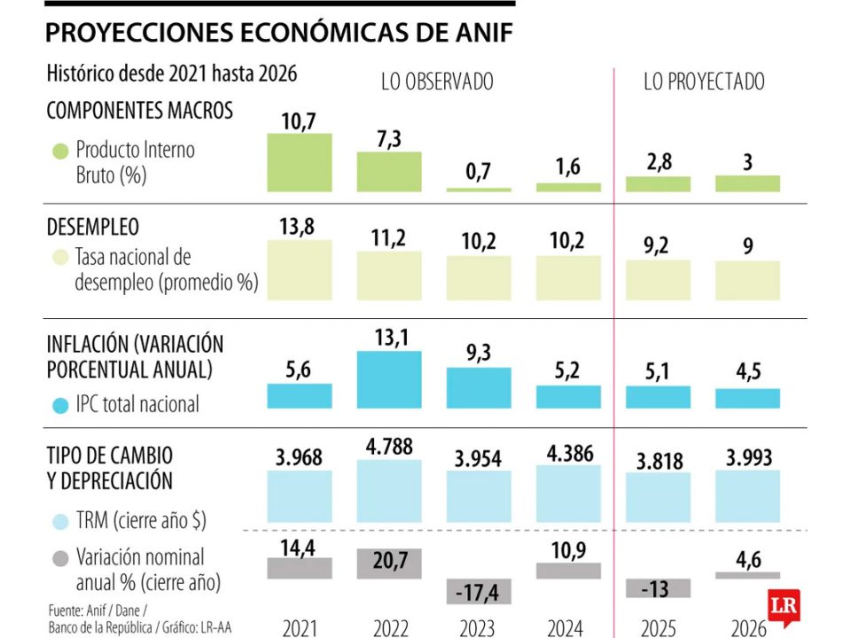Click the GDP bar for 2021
pyautogui.click(x=300, y=163)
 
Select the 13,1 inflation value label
pyautogui.click(x=389, y=337)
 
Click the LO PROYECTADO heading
pyautogui.click(x=704, y=82)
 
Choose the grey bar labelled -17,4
pyautogui.click(x=479, y=589)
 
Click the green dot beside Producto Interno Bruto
pyautogui.click(x=60, y=151)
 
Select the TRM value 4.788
pyautogui.click(x=389, y=447)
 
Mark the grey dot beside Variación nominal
pyautogui.click(x=60, y=558)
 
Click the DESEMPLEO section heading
pyautogui.click(x=92, y=227)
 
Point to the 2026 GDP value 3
pyautogui.click(x=748, y=163)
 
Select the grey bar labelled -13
pyautogui.click(x=659, y=587)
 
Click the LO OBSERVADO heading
pyautogui.click(x=437, y=82)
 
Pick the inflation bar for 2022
pyautogui.click(x=389, y=379)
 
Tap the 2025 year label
pyautogui.click(x=659, y=627)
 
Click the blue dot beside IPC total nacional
pyautogui.click(x=60, y=405)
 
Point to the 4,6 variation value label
pyautogui.click(x=748, y=559)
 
